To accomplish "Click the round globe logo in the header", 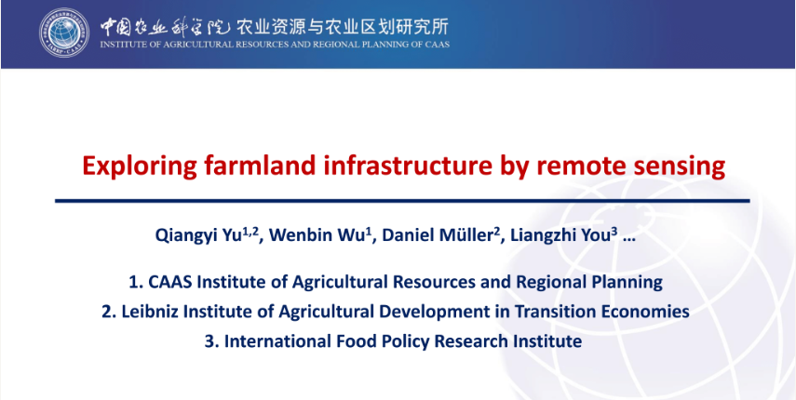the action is [x=64, y=33].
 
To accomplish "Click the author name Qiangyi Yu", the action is [x=207, y=235].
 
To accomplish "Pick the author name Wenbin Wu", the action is [x=317, y=235].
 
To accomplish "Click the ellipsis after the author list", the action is [x=628, y=239].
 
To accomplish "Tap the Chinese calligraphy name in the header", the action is [x=166, y=25].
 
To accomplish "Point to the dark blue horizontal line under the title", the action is [x=402, y=201].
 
